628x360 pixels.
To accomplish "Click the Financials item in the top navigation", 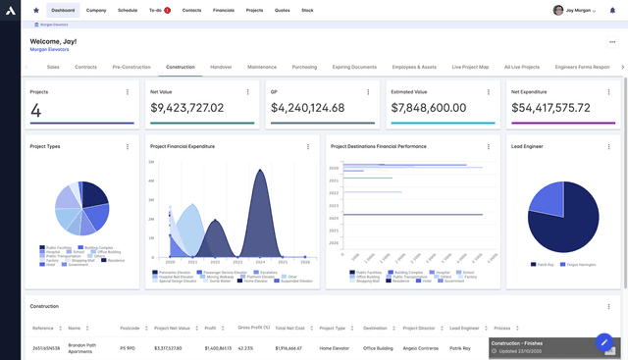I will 224,10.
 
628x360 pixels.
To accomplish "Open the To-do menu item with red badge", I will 158,10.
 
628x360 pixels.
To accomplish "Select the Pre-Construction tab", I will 131,67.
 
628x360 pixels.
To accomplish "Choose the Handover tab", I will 221,67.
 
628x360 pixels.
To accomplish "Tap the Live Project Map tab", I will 470,67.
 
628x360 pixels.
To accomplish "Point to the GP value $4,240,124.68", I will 307,108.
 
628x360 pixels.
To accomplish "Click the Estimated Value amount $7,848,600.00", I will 428,108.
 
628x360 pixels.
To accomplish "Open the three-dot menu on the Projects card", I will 127,91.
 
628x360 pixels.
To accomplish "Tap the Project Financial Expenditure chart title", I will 183,146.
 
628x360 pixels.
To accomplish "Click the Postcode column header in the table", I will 130,328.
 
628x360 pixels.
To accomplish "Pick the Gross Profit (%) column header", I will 252,327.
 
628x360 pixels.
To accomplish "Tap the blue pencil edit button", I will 605,343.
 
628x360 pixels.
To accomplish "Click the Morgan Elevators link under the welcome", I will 50,48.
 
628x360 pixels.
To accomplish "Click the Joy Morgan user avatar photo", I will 558,10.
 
